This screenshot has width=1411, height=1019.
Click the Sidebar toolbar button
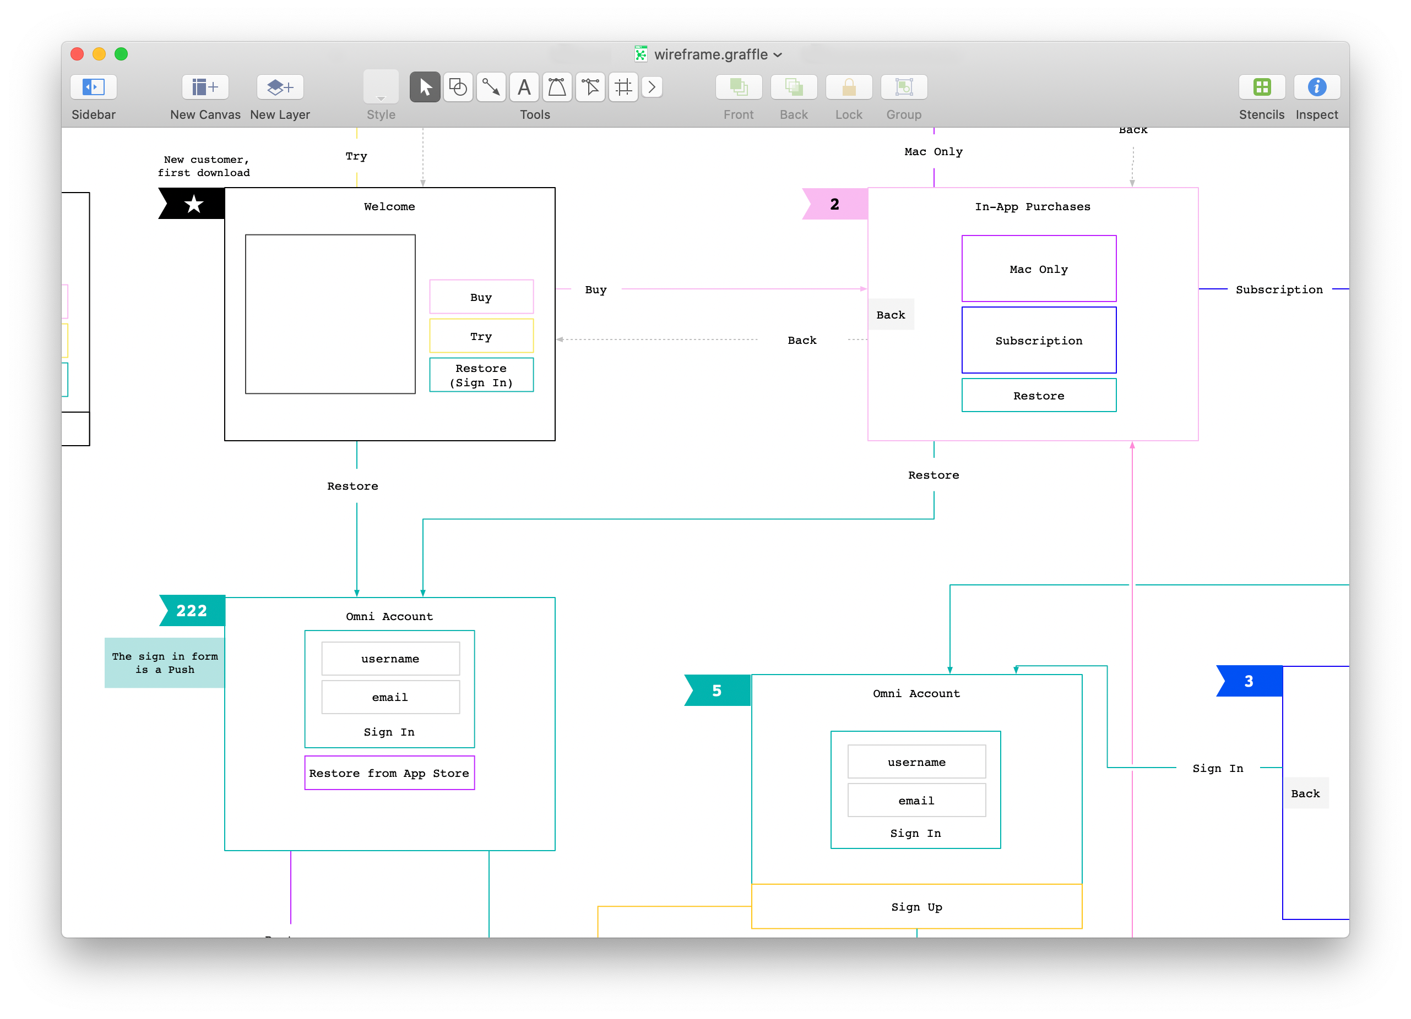tap(93, 87)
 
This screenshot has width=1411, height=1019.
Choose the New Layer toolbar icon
tap(280, 87)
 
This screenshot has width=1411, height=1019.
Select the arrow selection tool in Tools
tap(425, 87)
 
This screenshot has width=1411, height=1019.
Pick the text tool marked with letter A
tap(524, 87)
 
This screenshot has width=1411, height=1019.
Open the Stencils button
tap(1262, 87)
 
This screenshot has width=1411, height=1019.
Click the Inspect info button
tap(1316, 87)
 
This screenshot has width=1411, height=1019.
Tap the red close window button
tap(77, 54)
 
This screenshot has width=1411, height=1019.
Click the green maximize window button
tap(121, 54)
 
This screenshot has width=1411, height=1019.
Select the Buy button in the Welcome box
tap(481, 297)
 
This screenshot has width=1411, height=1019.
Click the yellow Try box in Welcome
tap(481, 336)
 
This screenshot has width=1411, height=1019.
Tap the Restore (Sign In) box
tap(481, 375)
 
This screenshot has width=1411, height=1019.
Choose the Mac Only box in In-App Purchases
tap(1039, 269)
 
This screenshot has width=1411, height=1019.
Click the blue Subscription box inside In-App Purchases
tap(1039, 340)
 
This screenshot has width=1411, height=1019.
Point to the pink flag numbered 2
tap(835, 204)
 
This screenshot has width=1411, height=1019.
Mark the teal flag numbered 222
tap(192, 611)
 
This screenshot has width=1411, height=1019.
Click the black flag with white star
tap(192, 203)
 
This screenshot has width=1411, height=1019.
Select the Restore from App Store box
tap(389, 773)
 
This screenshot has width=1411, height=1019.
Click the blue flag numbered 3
tap(1250, 681)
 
